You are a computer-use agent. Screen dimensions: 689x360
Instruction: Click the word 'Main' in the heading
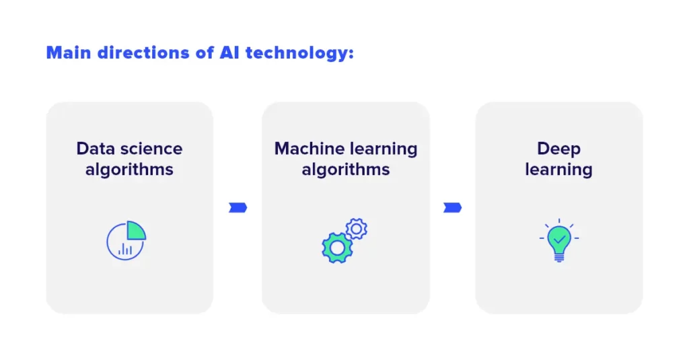(69, 52)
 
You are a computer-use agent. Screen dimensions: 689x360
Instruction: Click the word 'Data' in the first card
(96, 149)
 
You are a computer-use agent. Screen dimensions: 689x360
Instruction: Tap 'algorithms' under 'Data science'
(129, 170)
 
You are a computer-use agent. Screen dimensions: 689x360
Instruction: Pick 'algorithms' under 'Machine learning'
(346, 170)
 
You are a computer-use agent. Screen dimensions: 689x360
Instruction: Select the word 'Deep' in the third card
(559, 149)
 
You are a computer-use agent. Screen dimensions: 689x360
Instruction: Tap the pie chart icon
(126, 240)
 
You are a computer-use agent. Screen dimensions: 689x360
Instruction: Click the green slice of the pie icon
(135, 231)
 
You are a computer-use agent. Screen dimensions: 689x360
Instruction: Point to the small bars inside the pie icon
(125, 250)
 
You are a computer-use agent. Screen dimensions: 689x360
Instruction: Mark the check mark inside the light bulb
(559, 240)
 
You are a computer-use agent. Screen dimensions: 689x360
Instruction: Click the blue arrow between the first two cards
(238, 207)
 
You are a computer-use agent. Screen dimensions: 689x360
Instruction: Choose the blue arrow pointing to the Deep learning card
(452, 207)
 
